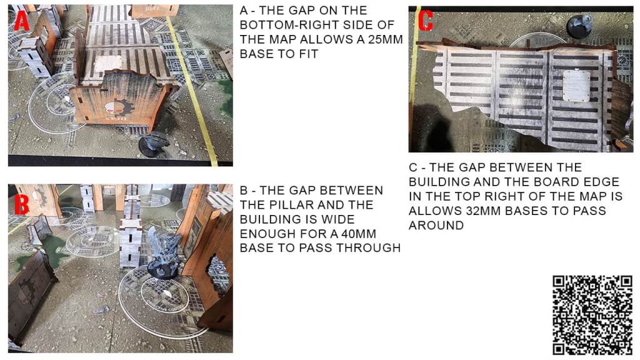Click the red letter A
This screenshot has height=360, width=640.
(22, 21)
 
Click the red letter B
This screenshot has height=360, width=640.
(22, 203)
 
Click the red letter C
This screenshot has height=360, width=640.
(425, 21)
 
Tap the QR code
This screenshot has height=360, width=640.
(592, 315)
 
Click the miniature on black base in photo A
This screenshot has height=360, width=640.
(154, 143)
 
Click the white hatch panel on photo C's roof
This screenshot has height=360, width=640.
(576, 86)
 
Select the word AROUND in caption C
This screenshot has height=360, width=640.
(436, 225)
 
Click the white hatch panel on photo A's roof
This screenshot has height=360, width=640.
(107, 63)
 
